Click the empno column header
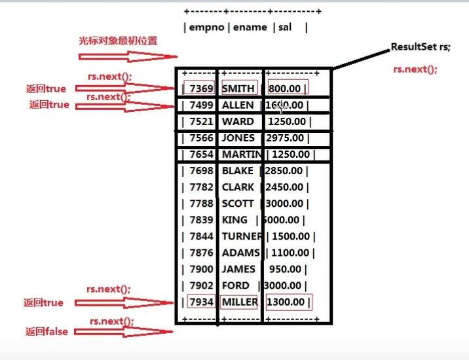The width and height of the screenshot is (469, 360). pyautogui.click(x=205, y=27)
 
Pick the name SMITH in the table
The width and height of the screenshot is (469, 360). pyautogui.click(x=238, y=88)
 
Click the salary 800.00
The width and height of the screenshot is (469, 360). pyautogui.click(x=287, y=88)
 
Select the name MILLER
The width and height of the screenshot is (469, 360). pyautogui.click(x=239, y=302)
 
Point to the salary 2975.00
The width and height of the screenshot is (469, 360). pyautogui.click(x=285, y=138)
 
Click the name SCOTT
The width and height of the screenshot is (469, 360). pyautogui.click(x=238, y=204)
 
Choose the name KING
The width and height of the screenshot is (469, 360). pyautogui.click(x=235, y=220)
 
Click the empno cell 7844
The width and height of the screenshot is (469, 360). pyautogui.click(x=201, y=236)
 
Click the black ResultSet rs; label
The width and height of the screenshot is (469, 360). pyautogui.click(x=421, y=48)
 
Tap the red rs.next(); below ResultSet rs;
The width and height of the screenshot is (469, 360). pyautogui.click(x=415, y=69)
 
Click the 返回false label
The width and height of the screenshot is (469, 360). pyautogui.click(x=47, y=332)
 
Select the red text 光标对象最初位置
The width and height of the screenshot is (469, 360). pyautogui.click(x=118, y=41)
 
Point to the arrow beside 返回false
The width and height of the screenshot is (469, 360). pyautogui.click(x=124, y=332)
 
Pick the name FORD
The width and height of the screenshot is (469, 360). pyautogui.click(x=235, y=285)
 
